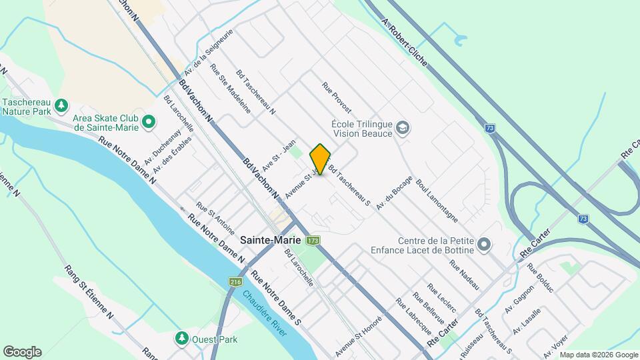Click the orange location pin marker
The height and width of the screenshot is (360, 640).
pyautogui.click(x=321, y=159)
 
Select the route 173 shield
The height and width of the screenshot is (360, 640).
pyautogui.click(x=313, y=240)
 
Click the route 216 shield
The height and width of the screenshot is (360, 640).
pyautogui.click(x=235, y=283)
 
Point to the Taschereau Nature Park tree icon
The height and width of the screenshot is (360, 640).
pyautogui.click(x=61, y=105)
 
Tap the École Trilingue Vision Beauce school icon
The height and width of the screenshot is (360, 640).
pyautogui.click(x=403, y=127)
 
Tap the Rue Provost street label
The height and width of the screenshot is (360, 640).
pyautogui.click(x=336, y=97)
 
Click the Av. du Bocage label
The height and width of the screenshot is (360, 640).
pyautogui.click(x=390, y=198)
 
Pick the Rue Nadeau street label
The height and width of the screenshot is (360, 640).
pyautogui.click(x=465, y=274)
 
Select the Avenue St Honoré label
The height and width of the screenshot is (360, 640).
pyautogui.click(x=357, y=334)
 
